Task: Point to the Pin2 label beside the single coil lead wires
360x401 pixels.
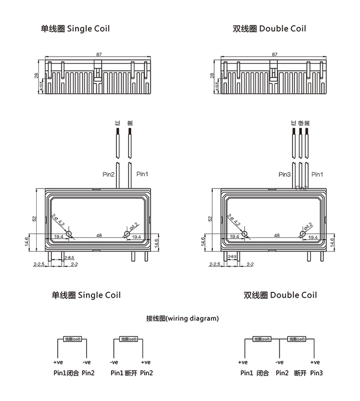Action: pos(108,174)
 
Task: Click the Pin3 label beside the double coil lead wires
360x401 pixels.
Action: pos(284,174)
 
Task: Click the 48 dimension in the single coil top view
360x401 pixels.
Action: pos(99,235)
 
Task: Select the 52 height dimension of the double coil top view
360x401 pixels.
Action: pos(210,218)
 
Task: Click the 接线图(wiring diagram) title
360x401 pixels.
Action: pos(182,318)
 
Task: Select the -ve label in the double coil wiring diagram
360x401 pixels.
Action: pos(279,362)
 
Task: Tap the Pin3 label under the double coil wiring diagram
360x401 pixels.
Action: pos(316,373)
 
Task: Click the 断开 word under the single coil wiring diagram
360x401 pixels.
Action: pos(131,373)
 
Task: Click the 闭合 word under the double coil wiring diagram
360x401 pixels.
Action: pos(263,373)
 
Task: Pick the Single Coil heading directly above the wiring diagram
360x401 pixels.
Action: pos(86,295)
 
